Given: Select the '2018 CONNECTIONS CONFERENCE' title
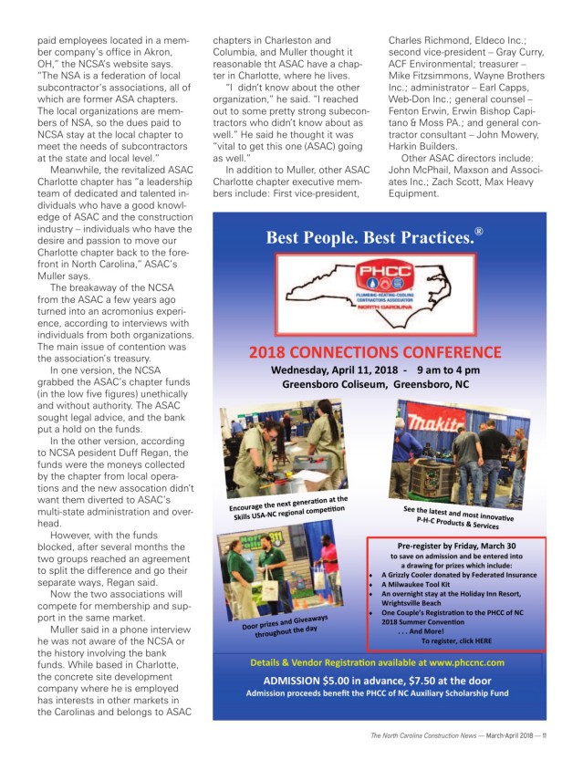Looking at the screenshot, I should click(379, 352).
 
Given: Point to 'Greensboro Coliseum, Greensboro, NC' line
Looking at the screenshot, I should click(379, 385).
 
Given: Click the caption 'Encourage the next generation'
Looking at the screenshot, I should click(288, 506).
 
